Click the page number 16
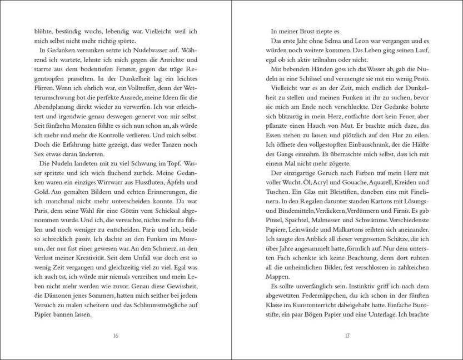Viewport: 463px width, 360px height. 116,336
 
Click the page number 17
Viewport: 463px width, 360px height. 346,336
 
